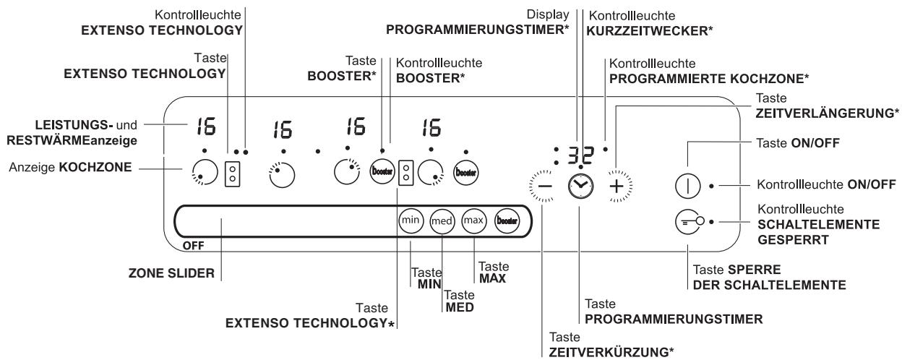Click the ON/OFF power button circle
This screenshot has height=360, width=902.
686,186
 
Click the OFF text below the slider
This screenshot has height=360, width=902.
193,245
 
